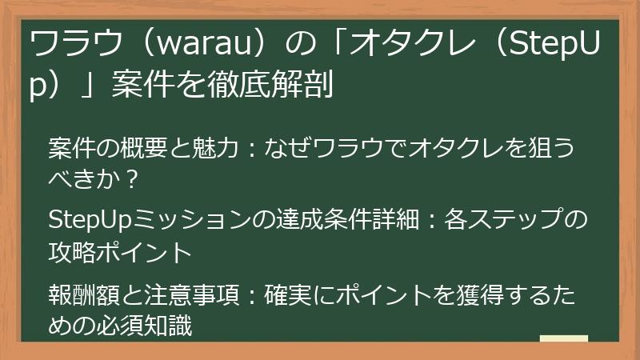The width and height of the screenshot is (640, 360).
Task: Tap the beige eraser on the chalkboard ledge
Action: [x=564, y=340]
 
